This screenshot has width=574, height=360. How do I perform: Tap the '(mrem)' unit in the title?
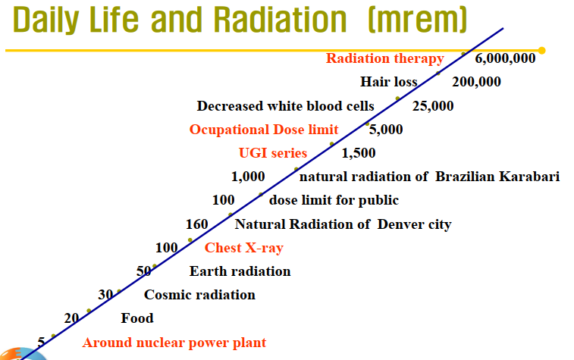pos(389,20)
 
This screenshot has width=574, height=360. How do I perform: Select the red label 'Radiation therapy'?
pos(384,58)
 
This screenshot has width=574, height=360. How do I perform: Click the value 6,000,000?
pos(505,58)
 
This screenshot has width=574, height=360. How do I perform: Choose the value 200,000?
pos(476,82)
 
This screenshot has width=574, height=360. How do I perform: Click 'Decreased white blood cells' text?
pos(285,106)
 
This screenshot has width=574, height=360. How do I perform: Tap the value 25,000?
pos(433,106)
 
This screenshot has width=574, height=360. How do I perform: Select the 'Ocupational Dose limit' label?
pos(264,130)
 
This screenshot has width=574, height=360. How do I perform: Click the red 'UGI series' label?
pos(273,153)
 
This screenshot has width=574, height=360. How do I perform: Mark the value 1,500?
pos(359,153)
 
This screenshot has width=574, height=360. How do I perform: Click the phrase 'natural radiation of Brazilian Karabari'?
pos(429,177)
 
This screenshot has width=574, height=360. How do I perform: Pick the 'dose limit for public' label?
pos(334,201)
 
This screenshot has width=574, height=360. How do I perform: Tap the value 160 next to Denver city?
pos(197,224)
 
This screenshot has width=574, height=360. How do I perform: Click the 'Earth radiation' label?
pos(240,271)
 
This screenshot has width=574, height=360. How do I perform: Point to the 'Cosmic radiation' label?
pos(199,295)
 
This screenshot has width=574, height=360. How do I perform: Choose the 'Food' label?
pos(137,318)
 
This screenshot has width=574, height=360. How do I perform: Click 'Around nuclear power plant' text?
pos(174,343)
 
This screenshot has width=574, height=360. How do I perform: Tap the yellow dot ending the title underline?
pos(541,51)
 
